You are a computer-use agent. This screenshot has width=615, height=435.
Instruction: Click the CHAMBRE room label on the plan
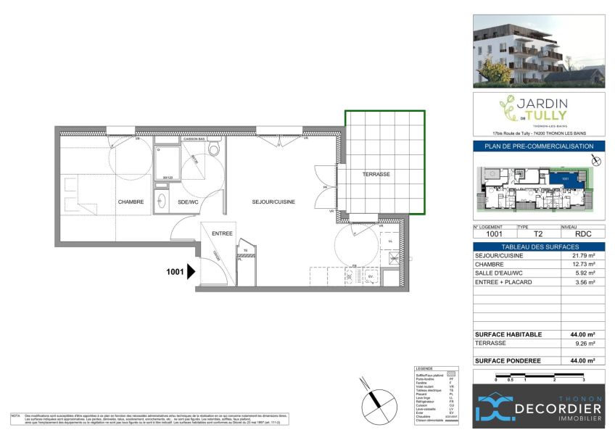coord(131,202)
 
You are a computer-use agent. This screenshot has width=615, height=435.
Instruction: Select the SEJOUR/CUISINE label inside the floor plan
coord(273,202)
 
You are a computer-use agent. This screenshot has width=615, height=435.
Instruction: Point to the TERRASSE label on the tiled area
coord(376,175)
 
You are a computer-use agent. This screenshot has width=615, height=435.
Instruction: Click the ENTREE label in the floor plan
coord(221,233)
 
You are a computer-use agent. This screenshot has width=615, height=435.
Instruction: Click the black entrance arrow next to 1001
coord(191,272)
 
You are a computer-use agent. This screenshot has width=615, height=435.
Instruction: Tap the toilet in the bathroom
coord(213,149)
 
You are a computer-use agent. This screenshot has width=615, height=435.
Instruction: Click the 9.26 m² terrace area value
coord(585,343)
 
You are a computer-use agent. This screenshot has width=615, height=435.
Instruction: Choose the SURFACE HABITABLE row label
coord(508,333)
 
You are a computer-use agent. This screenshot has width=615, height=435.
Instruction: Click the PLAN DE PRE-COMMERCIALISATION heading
coord(539,146)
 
